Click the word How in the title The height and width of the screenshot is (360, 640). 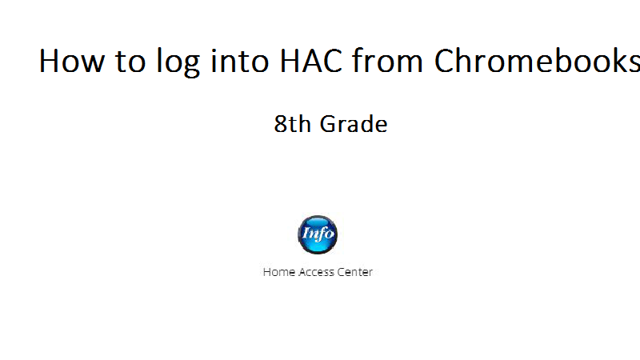[72, 61]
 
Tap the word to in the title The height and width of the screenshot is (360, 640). [130, 61]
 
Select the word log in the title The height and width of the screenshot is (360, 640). [178, 62]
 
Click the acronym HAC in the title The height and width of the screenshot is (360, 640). [311, 61]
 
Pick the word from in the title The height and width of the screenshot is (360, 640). [387, 60]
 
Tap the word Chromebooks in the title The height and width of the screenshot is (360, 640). [537, 60]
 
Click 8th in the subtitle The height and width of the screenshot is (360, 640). [292, 124]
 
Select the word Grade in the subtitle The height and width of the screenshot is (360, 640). [354, 124]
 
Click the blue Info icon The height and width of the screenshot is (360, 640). [318, 234]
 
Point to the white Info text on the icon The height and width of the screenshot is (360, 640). [318, 234]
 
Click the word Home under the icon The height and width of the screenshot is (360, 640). [278, 272]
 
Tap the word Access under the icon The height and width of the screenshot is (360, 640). [316, 272]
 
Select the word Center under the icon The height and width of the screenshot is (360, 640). [354, 272]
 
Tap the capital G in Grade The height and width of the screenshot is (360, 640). [329, 124]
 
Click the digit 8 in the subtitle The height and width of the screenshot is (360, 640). [281, 124]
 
